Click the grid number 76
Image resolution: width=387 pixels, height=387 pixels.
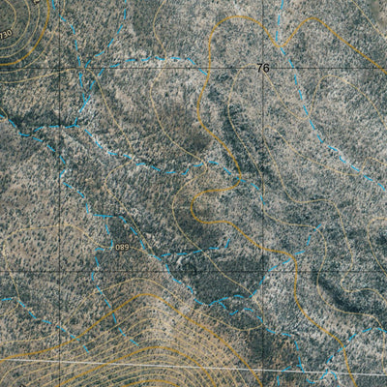(263, 68)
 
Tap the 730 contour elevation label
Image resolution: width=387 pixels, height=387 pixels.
(7, 35)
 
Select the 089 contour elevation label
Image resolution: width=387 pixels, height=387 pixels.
(121, 248)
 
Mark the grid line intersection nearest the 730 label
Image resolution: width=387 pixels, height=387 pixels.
(59, 68)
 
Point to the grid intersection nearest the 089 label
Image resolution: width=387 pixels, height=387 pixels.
(59, 273)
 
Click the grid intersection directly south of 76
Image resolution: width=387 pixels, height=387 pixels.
(263, 273)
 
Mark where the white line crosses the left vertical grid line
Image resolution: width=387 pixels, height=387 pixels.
(59, 359)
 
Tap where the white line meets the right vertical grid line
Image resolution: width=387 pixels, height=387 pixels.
(263, 369)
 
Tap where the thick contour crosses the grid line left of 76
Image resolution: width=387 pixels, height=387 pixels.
(205, 68)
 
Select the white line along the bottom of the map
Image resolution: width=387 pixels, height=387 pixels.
(193, 366)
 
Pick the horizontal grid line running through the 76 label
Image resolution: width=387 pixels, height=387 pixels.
(145, 68)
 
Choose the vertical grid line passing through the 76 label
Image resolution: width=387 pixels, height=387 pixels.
(263, 174)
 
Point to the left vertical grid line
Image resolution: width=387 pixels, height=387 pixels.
(59, 174)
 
